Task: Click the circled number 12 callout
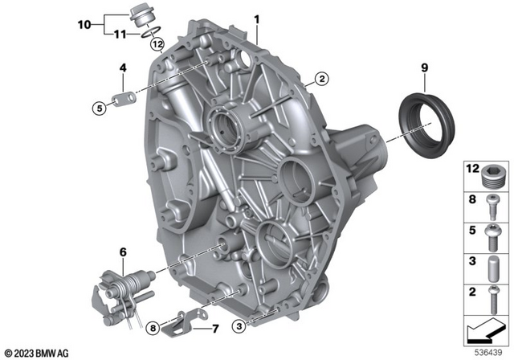(x=157, y=43)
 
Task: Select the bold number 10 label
(x=84, y=25)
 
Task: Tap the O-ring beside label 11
(x=151, y=31)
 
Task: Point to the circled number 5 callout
(x=100, y=107)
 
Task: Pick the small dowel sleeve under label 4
(x=124, y=99)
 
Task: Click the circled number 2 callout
(x=321, y=79)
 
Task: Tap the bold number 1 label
(x=257, y=19)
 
